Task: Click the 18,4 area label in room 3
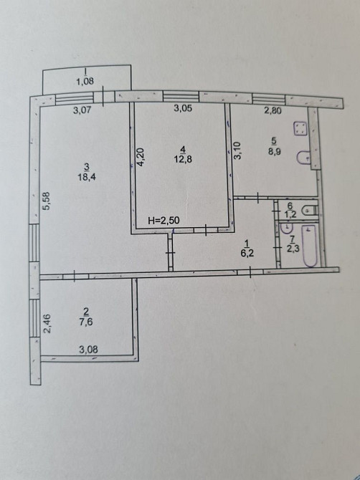[87, 177]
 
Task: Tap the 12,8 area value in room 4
[183, 159]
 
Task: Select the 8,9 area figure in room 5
[275, 151]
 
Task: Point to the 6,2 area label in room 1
[247, 254]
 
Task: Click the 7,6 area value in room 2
[86, 322]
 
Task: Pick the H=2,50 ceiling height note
[164, 221]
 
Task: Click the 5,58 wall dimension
[47, 201]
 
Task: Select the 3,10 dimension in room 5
[238, 151]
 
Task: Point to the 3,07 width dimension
[82, 110]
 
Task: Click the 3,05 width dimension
[183, 107]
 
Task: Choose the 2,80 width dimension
[273, 110]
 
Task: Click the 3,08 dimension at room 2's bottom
[88, 350]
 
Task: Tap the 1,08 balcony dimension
[85, 82]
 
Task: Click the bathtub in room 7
[310, 246]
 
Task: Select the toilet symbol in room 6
[309, 211]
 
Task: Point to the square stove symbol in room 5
[300, 128]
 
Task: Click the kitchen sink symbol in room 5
[303, 158]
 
